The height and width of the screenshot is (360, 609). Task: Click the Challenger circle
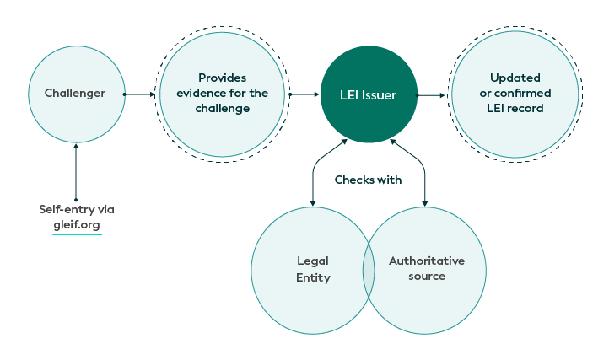(76, 94)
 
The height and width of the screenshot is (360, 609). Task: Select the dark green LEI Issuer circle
(369, 94)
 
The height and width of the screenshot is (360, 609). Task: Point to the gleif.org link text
(76, 223)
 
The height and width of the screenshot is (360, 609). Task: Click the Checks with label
(368, 180)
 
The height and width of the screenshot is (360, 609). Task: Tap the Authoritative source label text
(426, 268)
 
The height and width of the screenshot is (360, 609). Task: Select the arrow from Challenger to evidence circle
(139, 94)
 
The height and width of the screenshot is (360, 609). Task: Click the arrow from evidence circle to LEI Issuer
(302, 94)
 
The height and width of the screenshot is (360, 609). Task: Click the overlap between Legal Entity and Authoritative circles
(369, 270)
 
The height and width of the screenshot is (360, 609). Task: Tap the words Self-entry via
(77, 208)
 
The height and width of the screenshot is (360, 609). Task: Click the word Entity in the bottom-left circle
(313, 277)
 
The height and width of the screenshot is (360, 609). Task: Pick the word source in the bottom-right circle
(426, 276)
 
